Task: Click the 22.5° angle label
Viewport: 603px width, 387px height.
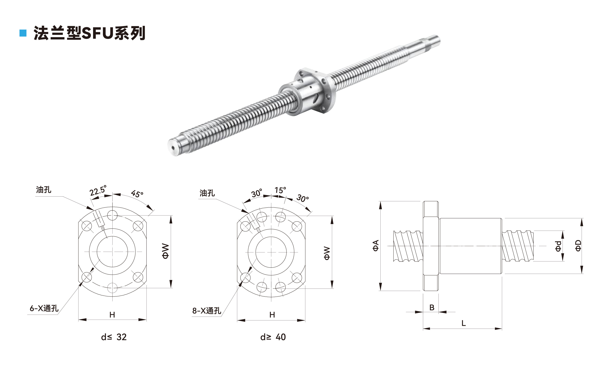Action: click(98, 191)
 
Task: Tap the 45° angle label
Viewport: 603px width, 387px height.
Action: click(137, 194)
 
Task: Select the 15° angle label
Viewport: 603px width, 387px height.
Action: click(280, 190)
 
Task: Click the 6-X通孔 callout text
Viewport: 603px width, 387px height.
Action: click(44, 308)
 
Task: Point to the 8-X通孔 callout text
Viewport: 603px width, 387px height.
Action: click(207, 311)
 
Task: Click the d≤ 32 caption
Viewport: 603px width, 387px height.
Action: click(114, 337)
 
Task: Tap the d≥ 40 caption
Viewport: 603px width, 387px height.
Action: click(273, 337)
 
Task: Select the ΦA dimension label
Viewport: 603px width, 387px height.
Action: click(375, 246)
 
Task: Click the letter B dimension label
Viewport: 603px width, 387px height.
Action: click(432, 308)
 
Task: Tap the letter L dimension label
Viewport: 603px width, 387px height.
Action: click(463, 323)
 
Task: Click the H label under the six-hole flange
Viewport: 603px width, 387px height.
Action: click(112, 315)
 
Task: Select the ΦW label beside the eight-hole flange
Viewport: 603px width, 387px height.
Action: click(327, 253)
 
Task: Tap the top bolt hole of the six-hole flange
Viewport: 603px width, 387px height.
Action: click(112, 215)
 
